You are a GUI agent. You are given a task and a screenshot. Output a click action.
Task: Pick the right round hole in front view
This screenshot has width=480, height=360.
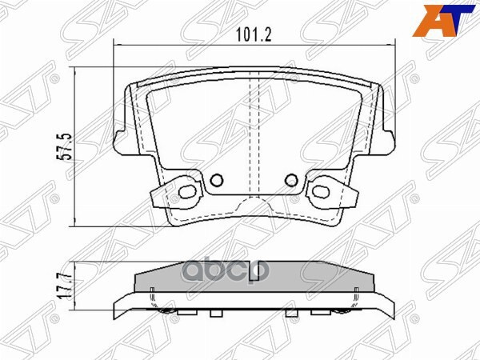291,179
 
